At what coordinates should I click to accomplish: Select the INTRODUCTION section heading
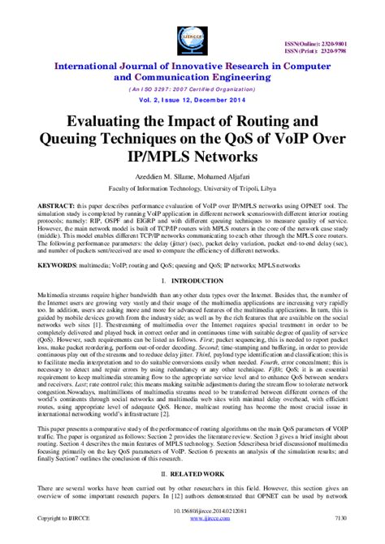click(x=198, y=281)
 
